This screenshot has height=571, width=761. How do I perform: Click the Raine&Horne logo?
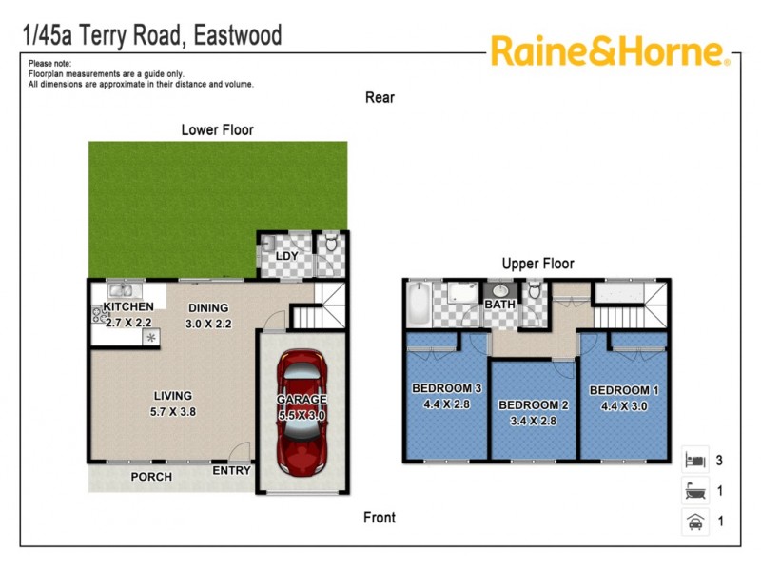pos(610,51)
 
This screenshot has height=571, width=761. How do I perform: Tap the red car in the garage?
pos(302,410)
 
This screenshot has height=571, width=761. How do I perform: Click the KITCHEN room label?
pos(127,307)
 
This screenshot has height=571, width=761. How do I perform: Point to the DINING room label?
pos(208,307)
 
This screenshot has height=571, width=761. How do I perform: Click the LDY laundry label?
pos(286,257)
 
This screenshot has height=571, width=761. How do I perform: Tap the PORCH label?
pos(151,477)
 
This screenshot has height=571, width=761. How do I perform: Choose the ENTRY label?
pos(231,470)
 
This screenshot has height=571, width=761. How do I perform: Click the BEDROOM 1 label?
pos(624,390)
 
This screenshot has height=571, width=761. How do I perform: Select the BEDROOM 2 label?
pos(533,405)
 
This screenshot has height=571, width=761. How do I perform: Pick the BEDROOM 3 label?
pos(447,388)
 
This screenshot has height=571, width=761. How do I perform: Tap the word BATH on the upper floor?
pos(499,305)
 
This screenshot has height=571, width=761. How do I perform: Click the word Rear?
pos(380,97)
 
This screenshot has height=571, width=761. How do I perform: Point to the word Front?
pos(380,518)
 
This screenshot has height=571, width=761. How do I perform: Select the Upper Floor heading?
pos(538,264)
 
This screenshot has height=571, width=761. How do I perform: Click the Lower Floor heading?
pos(218,129)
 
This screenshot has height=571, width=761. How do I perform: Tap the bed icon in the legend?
pos(694,461)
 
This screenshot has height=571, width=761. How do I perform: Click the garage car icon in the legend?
pos(694,521)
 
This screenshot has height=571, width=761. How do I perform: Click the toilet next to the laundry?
pos(330,245)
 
